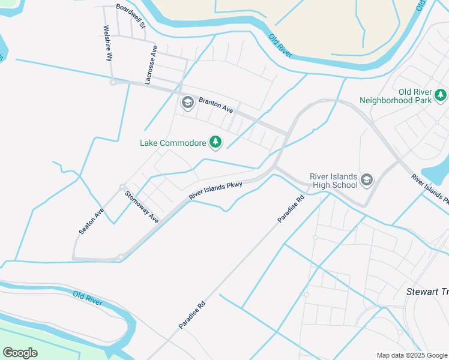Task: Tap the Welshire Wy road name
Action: point(108,44)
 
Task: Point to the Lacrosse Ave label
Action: point(151,63)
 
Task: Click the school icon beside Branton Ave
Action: point(188,103)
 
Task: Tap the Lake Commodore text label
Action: point(173,143)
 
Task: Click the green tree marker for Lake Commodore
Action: point(215,142)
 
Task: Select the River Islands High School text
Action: point(333,181)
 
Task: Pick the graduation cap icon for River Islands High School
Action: point(366,179)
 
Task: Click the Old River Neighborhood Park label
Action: point(396,96)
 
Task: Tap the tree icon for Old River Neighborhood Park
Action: point(441,95)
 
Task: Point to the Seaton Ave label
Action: point(91,221)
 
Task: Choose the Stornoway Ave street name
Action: point(142,207)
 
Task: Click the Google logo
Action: point(20,353)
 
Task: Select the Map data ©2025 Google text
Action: point(411,355)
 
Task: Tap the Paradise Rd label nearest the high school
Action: point(291,209)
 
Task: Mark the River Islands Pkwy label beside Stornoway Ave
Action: point(215,191)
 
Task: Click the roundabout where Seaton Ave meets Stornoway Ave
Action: point(122,187)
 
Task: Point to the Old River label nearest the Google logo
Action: point(87,298)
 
